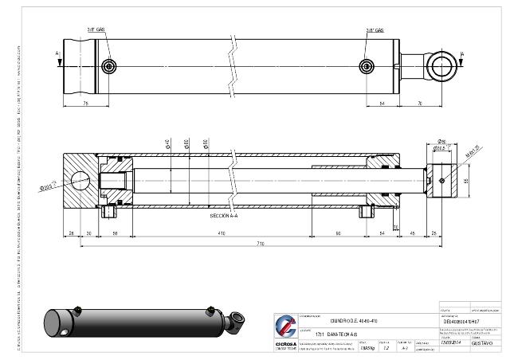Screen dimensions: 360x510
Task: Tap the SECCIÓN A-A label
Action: click(225, 216)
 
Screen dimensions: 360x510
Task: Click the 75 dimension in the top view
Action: click(84, 104)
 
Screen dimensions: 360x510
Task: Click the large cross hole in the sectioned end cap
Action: click(81, 179)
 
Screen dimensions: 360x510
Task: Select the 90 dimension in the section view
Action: click(338, 233)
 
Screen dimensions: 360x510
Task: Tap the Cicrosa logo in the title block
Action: click(284, 327)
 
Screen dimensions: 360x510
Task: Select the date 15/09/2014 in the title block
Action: click(452, 342)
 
